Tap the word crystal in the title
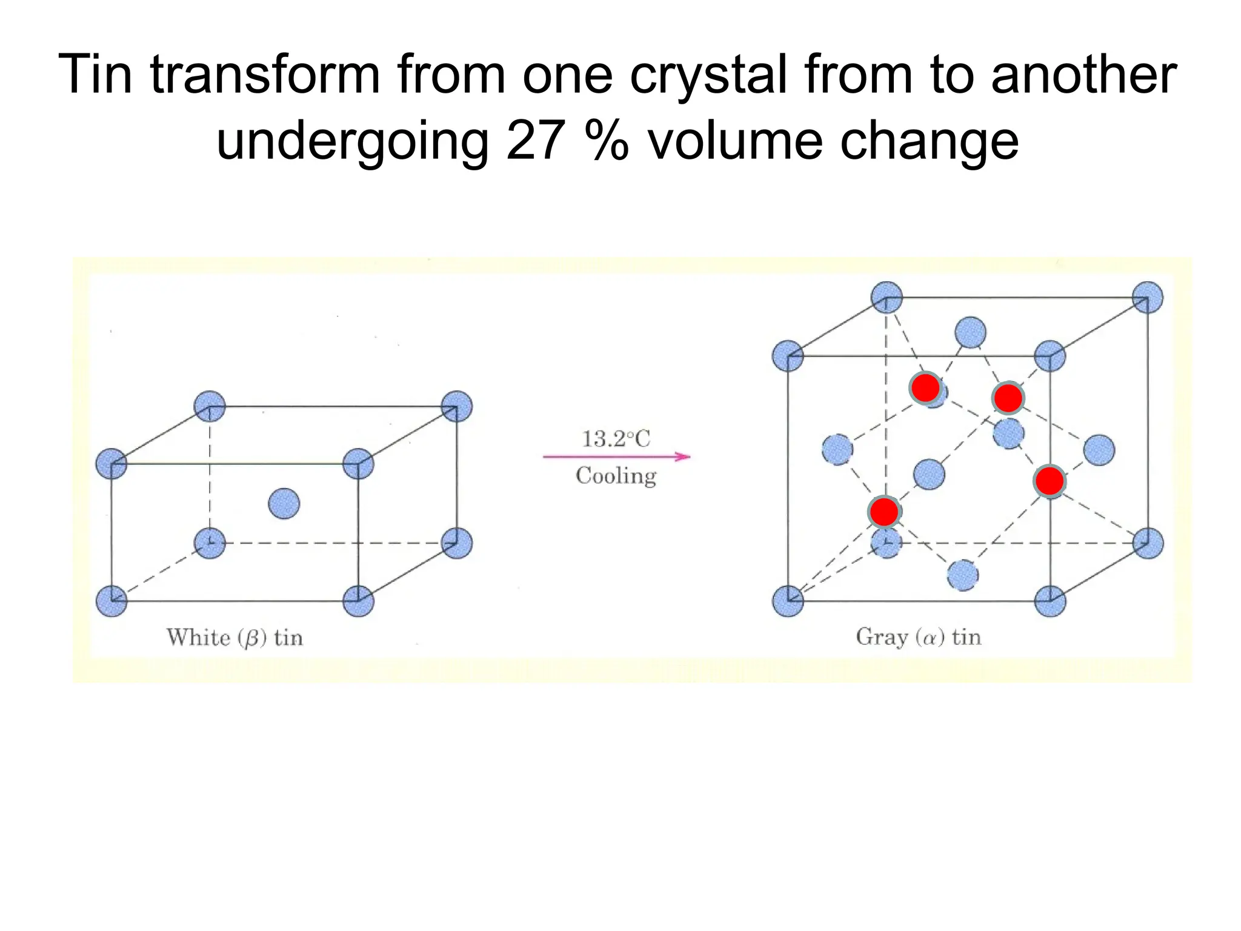pyautogui.click(x=709, y=75)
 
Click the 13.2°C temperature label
pyautogui.click(x=616, y=439)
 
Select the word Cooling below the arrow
pyautogui.click(x=616, y=476)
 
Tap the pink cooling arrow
pyautogui.click(x=616, y=456)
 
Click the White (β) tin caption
pyautogui.click(x=235, y=638)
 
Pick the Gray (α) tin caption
pyautogui.click(x=918, y=637)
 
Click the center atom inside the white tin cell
pyautogui.click(x=284, y=504)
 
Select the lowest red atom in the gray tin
pyautogui.click(x=884, y=512)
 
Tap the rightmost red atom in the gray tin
pyautogui.click(x=1050, y=481)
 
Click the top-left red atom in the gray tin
pyautogui.click(x=925, y=387)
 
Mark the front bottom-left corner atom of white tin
pyautogui.click(x=111, y=601)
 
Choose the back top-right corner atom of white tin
pyautogui.click(x=457, y=406)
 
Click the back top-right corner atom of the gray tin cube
pyautogui.click(x=1148, y=297)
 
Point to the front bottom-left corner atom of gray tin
pyautogui.click(x=788, y=601)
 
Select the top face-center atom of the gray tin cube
pyautogui.click(x=970, y=332)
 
